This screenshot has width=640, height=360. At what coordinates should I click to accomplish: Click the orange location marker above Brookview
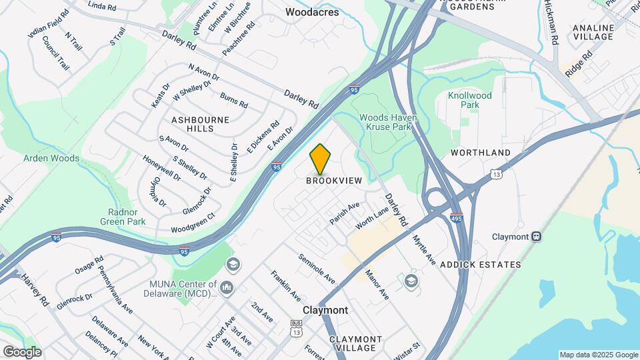tap(320, 159)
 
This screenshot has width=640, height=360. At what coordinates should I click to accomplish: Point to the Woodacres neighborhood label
tap(311, 12)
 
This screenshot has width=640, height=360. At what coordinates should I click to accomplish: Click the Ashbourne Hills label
tap(200, 124)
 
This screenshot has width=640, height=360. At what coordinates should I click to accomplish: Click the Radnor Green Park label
tap(123, 216)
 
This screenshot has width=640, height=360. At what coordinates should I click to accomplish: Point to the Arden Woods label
tap(51, 159)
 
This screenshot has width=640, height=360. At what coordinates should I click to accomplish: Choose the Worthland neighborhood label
tap(480, 153)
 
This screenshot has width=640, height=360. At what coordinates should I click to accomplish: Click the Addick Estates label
tap(490, 265)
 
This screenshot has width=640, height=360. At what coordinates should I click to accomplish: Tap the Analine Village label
tap(593, 31)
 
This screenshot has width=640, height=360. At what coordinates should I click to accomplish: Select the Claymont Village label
tap(355, 344)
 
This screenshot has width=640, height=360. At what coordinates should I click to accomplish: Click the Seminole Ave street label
tap(317, 268)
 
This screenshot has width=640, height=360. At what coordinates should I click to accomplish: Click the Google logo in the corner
tap(22, 351)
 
